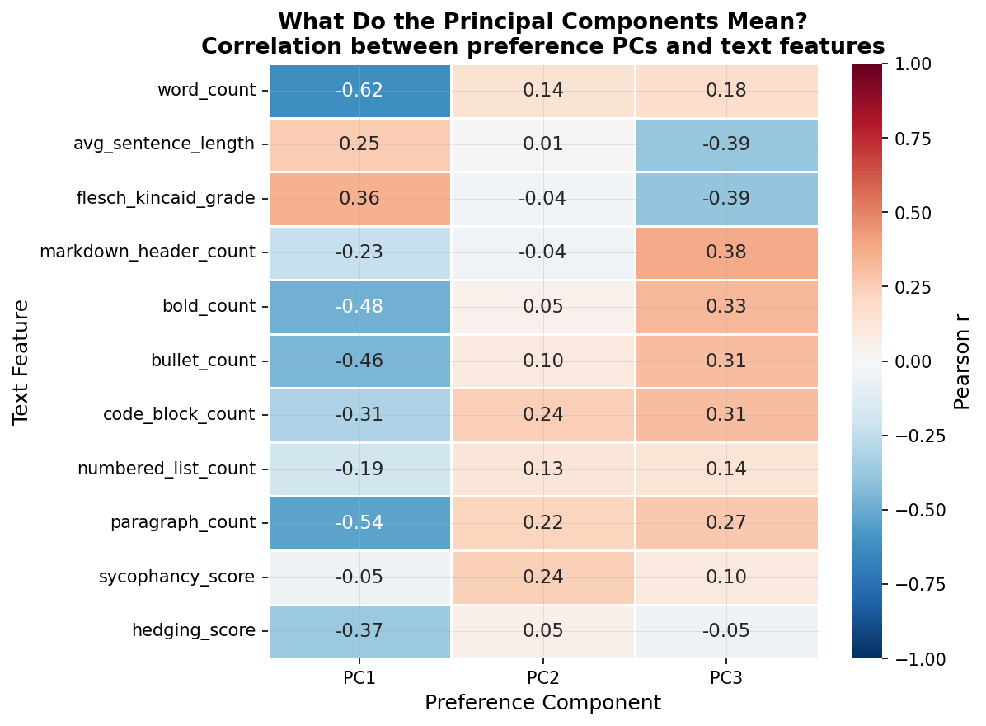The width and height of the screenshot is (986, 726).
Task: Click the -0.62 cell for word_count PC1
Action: (359, 91)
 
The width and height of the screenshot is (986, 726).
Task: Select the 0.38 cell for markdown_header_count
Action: (726, 252)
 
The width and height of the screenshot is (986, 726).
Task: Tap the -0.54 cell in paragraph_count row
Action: (359, 523)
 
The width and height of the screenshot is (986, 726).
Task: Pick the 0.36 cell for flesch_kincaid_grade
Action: (359, 199)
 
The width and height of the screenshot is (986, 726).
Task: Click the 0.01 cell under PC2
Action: (542, 144)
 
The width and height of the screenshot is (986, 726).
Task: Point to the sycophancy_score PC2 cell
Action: (542, 577)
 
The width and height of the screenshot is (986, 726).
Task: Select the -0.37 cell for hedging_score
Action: (359, 631)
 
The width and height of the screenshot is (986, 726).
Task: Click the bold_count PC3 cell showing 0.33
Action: (726, 307)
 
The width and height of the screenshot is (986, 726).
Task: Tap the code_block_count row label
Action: (179, 415)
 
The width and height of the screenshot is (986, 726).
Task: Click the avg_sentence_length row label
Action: (164, 144)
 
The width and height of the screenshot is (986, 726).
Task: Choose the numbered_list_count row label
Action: (167, 469)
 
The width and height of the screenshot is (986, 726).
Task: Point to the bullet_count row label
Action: (203, 361)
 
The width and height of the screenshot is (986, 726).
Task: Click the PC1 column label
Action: (359, 679)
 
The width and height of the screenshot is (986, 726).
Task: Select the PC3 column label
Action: (726, 679)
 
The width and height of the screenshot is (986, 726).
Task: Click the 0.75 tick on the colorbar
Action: (913, 139)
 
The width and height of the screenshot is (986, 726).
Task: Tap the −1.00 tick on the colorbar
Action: (913, 658)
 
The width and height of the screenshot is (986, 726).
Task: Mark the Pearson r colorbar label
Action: (962, 361)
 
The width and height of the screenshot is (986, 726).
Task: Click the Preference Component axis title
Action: (542, 703)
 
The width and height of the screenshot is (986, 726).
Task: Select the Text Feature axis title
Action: (21, 361)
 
